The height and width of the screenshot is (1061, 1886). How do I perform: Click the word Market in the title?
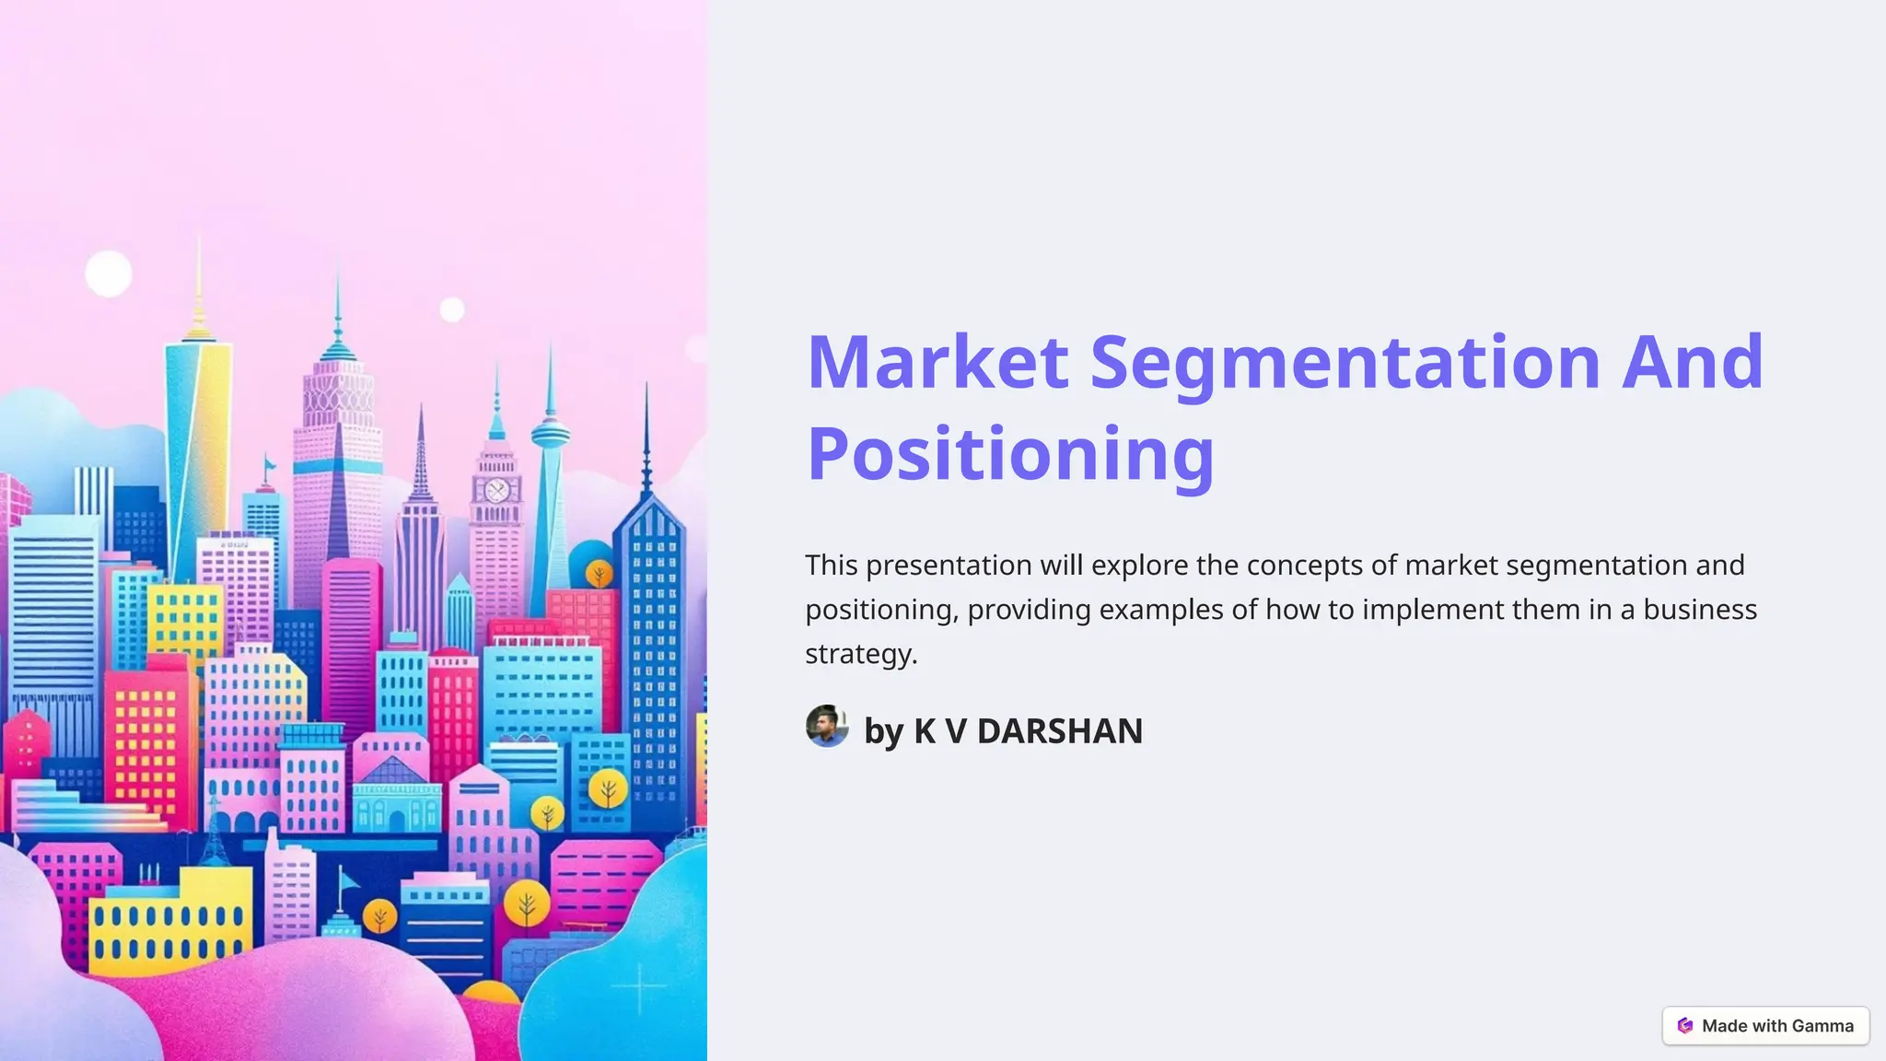point(937,363)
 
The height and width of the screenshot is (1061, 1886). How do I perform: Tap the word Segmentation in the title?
point(1345,363)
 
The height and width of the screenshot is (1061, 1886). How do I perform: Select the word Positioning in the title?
point(1010,454)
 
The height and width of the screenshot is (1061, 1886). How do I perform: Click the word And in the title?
point(1692,363)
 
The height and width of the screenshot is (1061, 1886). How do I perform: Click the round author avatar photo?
point(827,727)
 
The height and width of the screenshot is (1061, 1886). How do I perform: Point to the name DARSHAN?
point(1059,731)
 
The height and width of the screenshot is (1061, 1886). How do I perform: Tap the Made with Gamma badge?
point(1765,1026)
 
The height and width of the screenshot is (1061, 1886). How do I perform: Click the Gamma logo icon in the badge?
point(1685,1026)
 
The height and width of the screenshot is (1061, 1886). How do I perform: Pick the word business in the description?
point(1700,610)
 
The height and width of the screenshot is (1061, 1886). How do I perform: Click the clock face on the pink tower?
point(496,491)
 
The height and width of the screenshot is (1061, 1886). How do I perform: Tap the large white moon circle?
point(109,274)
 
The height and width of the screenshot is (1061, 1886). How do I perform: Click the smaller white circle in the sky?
point(451,309)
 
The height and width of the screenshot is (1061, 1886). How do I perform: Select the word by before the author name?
point(883,732)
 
